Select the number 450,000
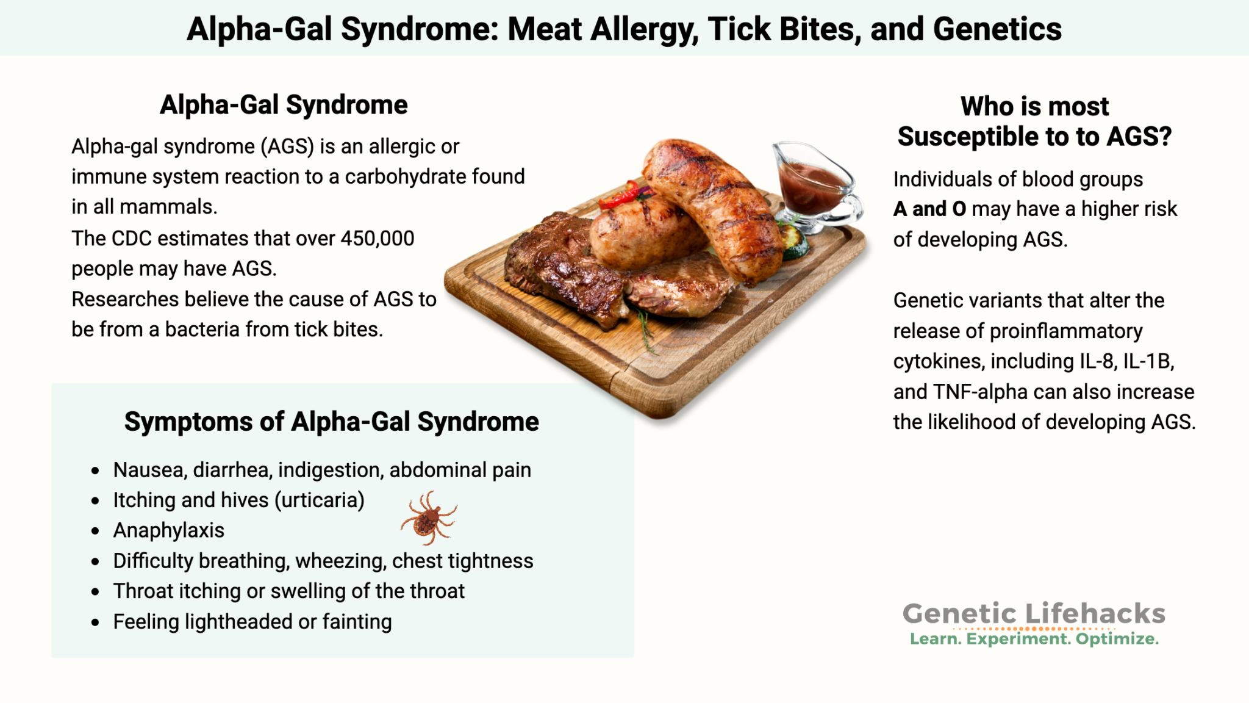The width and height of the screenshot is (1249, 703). [378, 238]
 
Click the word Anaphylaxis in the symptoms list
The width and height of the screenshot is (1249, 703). [169, 530]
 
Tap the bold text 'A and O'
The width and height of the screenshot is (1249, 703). [929, 209]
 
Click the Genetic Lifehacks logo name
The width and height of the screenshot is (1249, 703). [1034, 613]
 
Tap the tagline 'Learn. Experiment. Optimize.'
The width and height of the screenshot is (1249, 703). [1034, 639]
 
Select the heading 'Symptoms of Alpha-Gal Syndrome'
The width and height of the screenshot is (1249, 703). [331, 422]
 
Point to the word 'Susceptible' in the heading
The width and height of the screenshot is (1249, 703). [982, 137]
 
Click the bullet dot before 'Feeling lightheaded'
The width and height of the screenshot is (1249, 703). [95, 622]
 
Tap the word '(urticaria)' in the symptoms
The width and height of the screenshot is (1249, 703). [320, 500]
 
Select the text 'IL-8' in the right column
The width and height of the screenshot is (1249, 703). [1098, 361]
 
